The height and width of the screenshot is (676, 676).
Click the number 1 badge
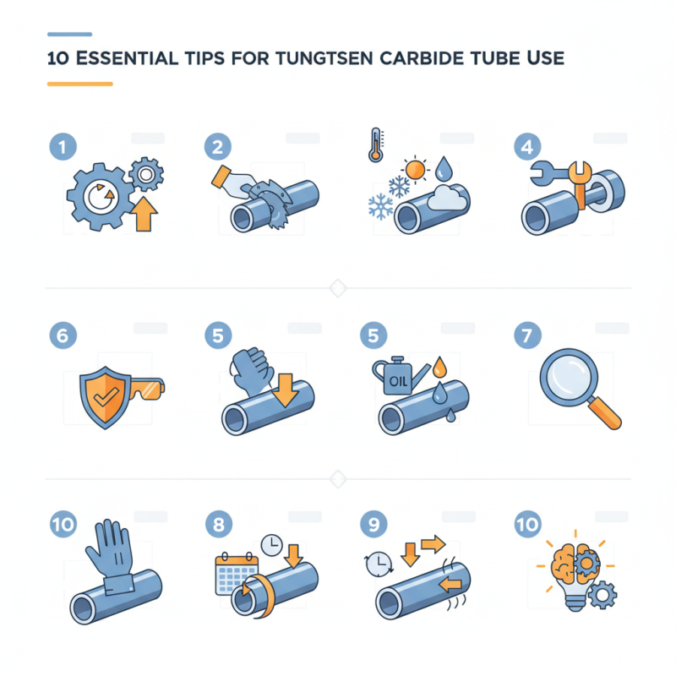tap(62, 147)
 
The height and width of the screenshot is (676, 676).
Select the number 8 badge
tap(217, 525)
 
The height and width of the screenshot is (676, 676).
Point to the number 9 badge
tap(372, 525)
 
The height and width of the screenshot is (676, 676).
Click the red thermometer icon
tap(374, 144)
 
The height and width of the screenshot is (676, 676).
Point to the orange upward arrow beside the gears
tap(146, 216)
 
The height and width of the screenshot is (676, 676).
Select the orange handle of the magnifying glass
tap(608, 413)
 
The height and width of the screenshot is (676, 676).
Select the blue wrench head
tap(543, 173)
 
